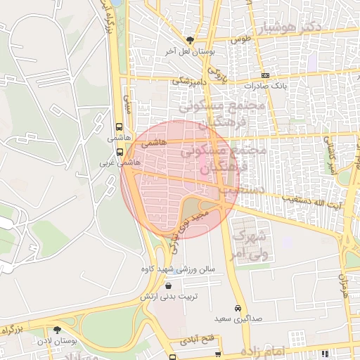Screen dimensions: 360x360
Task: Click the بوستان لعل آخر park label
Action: coord(189,51)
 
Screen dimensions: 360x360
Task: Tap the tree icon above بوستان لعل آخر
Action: coord(189,39)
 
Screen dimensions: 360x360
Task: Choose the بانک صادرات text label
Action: coord(265,88)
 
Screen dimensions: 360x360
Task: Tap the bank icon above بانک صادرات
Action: coord(265,76)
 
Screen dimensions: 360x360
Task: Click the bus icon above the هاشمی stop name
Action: coord(118,128)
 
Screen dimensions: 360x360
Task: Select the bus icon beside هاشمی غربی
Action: coord(120,151)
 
